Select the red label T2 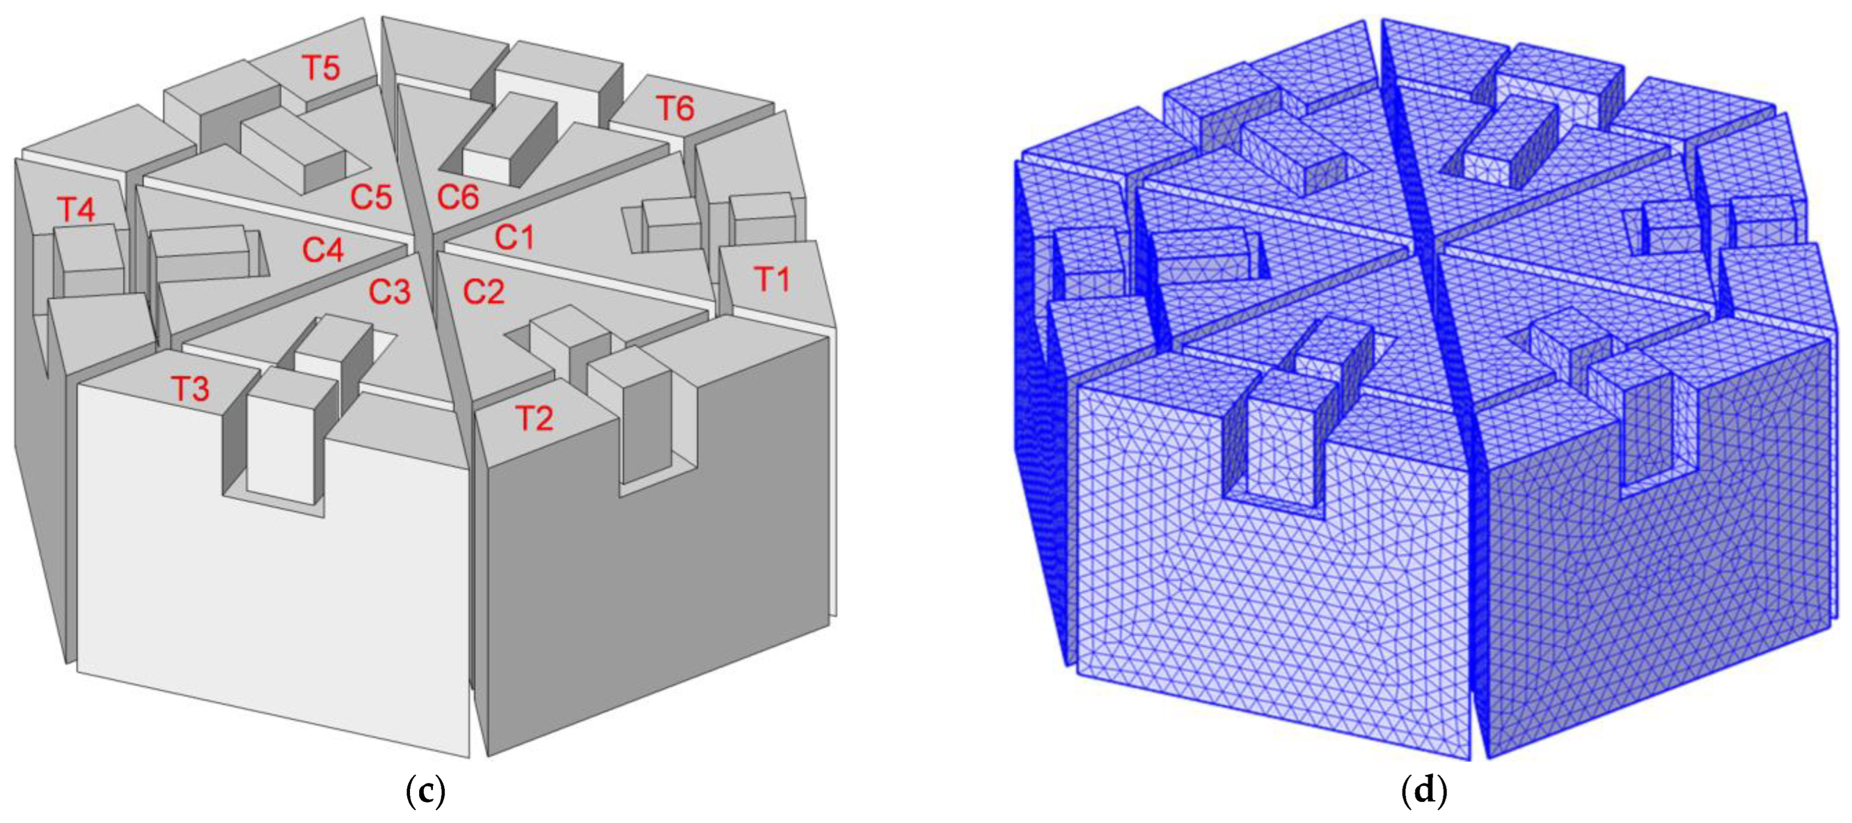[x=535, y=418]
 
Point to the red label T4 [x=76, y=210]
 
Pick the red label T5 [x=321, y=68]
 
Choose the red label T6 [x=675, y=109]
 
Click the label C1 [x=515, y=237]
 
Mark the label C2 [x=484, y=292]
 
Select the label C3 [x=389, y=292]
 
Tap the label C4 [x=323, y=250]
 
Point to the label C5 [x=371, y=197]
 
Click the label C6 [x=458, y=197]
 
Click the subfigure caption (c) [x=425, y=792]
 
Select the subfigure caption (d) [x=1424, y=792]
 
